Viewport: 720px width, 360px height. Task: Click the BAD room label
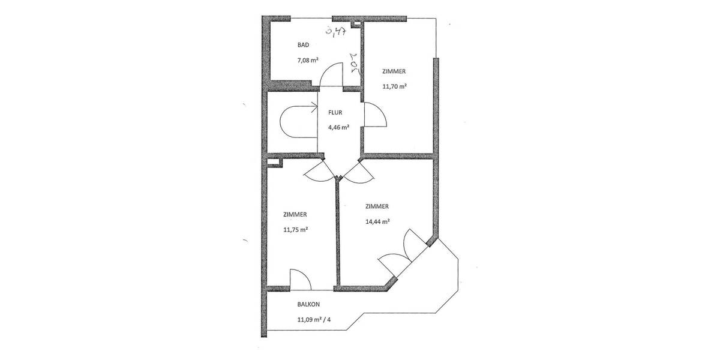pyautogui.click(x=304, y=45)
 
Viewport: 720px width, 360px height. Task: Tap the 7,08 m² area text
pyautogui.click(x=307, y=60)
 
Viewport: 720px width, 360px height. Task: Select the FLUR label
pyautogui.click(x=335, y=112)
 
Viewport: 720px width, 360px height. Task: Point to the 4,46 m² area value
pyautogui.click(x=338, y=127)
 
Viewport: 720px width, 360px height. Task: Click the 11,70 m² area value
pyautogui.click(x=394, y=86)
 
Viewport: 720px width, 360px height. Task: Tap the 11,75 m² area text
pyautogui.click(x=295, y=229)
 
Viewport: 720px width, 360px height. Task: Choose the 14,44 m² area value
pyautogui.click(x=377, y=221)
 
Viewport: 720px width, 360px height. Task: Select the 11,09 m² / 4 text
pyautogui.click(x=314, y=319)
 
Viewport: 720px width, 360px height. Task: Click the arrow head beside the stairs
pyautogui.click(x=314, y=109)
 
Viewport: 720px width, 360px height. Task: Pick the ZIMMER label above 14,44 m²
pyautogui.click(x=377, y=206)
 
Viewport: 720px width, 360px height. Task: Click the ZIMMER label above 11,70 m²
pyautogui.click(x=394, y=71)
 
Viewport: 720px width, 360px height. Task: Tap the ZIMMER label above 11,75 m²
pyautogui.click(x=295, y=214)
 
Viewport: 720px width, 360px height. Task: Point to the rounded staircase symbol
pyautogui.click(x=294, y=122)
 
